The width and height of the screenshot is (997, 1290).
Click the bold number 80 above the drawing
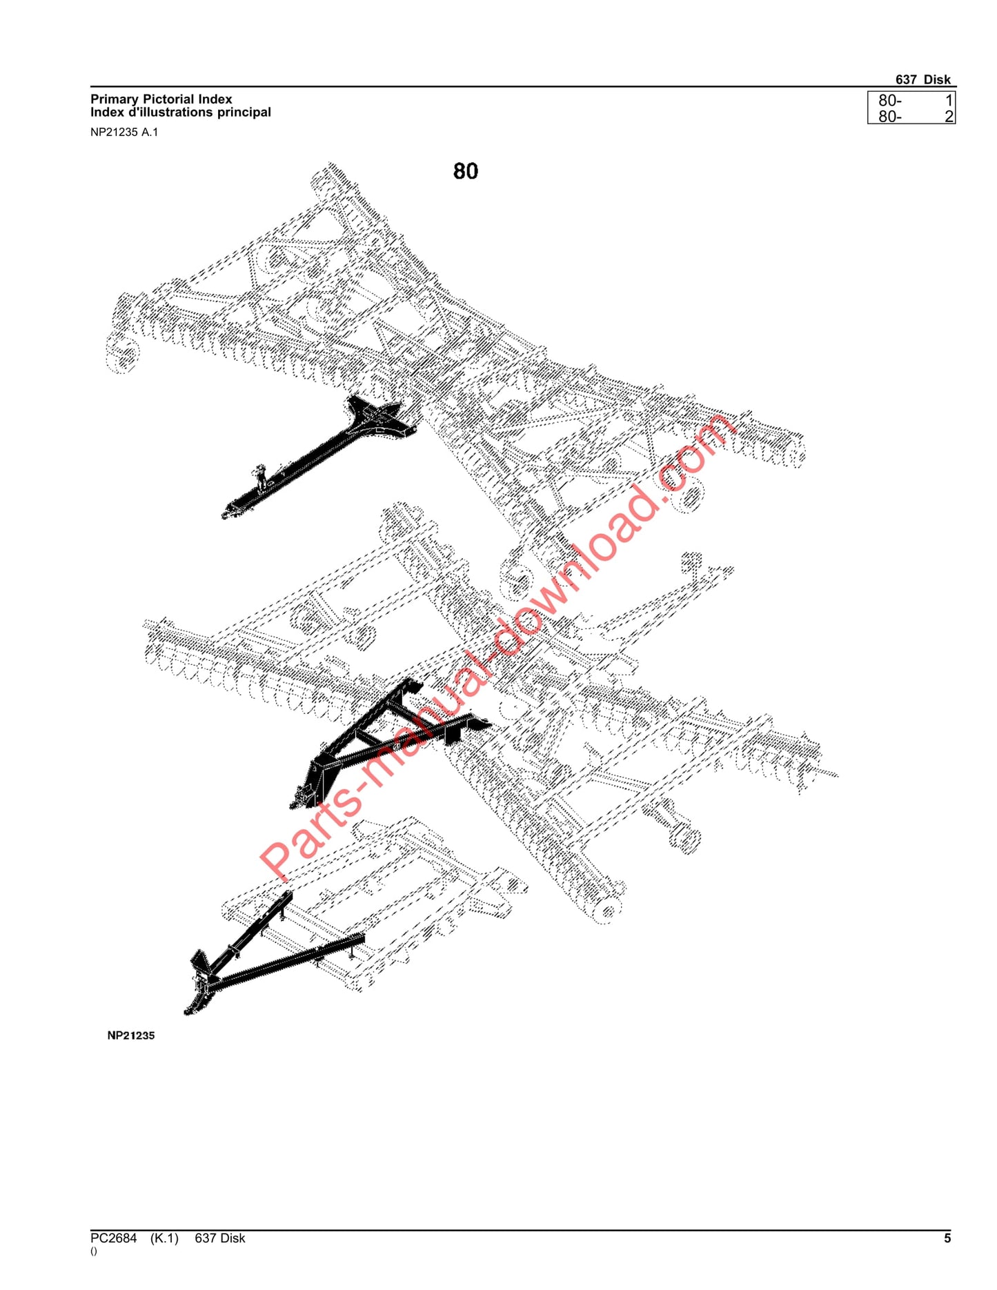(x=466, y=171)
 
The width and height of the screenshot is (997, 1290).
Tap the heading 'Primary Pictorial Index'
(x=161, y=99)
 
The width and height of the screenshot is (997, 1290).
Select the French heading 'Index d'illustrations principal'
(x=180, y=112)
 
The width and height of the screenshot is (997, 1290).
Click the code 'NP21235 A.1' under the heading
(x=124, y=132)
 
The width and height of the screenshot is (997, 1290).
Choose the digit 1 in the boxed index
(x=949, y=101)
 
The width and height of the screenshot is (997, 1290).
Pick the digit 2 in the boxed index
(x=949, y=117)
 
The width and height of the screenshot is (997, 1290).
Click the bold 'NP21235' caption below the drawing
(x=131, y=1035)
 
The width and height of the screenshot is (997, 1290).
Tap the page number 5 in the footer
(x=947, y=1238)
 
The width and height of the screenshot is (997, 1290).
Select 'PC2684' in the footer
(x=114, y=1238)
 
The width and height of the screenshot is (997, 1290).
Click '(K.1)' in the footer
(x=164, y=1238)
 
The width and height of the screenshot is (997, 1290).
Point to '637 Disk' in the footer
(x=219, y=1238)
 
